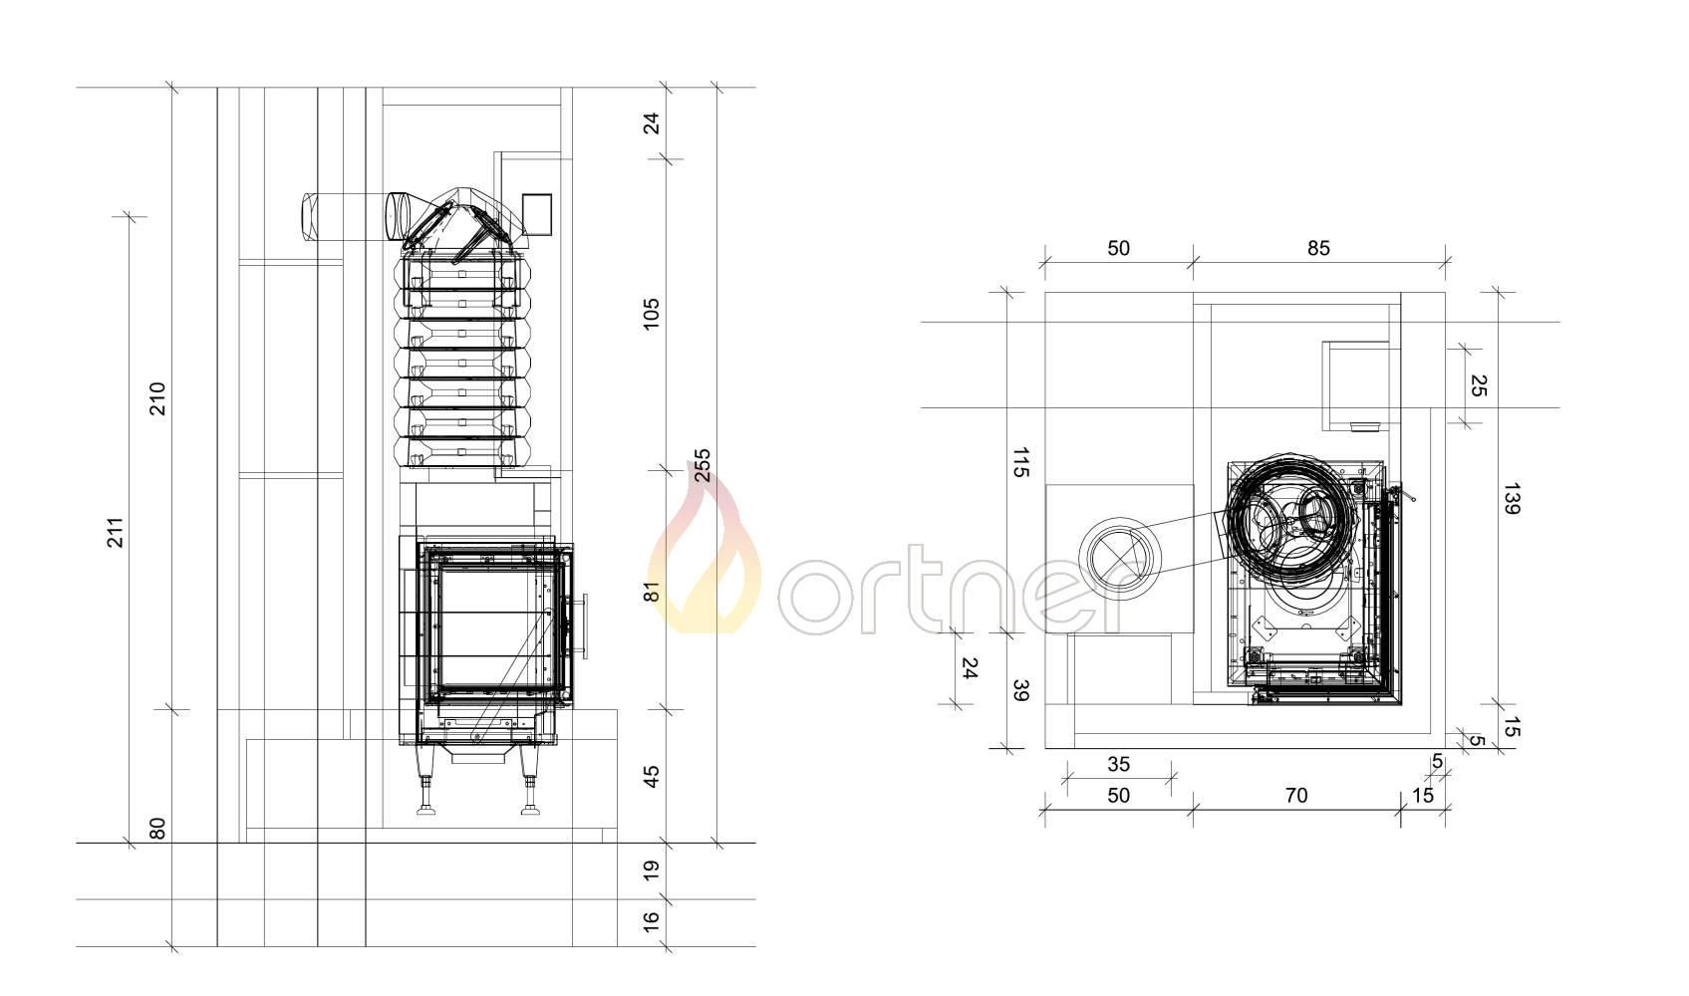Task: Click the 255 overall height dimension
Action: click(x=702, y=465)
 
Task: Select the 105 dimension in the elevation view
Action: click(x=651, y=314)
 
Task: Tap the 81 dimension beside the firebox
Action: click(x=651, y=592)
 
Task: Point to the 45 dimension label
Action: click(x=651, y=776)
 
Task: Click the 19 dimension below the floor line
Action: click(x=651, y=871)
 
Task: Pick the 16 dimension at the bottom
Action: click(x=651, y=921)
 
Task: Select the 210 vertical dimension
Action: click(x=156, y=398)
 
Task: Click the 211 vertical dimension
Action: click(x=115, y=532)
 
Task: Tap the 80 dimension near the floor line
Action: click(x=156, y=829)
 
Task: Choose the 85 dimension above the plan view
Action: click(x=1318, y=248)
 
